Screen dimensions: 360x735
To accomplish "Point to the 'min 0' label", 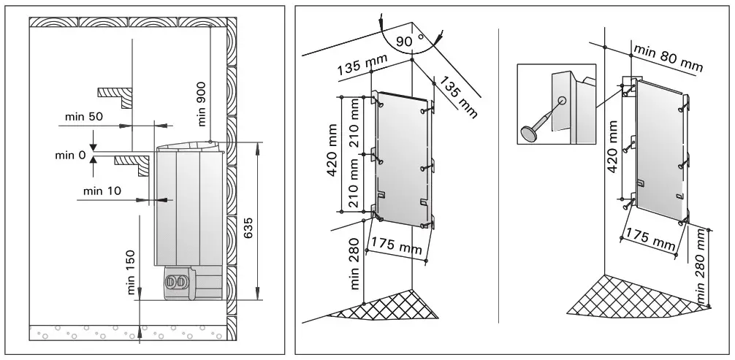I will [x=72, y=154].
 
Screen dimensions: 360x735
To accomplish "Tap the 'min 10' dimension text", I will [x=102, y=191].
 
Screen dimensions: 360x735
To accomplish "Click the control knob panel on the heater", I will [x=178, y=280].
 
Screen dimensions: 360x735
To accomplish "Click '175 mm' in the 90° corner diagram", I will [x=395, y=245].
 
